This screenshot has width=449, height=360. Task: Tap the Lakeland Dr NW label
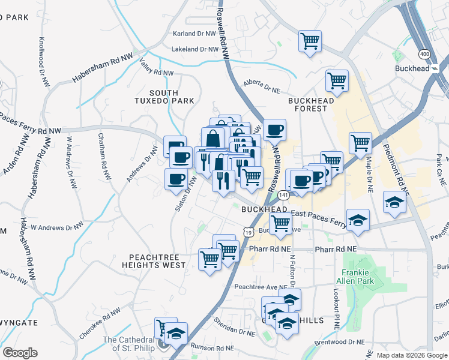(x=194, y=49)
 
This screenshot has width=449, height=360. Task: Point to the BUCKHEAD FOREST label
(x=311, y=104)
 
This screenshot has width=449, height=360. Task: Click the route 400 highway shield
(x=424, y=54)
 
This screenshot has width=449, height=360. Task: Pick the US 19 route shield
(x=248, y=231)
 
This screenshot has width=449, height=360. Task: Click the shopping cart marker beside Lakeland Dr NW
(x=310, y=41)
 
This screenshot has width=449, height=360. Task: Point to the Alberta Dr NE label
(x=262, y=85)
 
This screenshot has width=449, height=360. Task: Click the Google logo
(x=20, y=353)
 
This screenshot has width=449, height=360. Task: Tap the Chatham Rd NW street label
(x=104, y=157)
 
